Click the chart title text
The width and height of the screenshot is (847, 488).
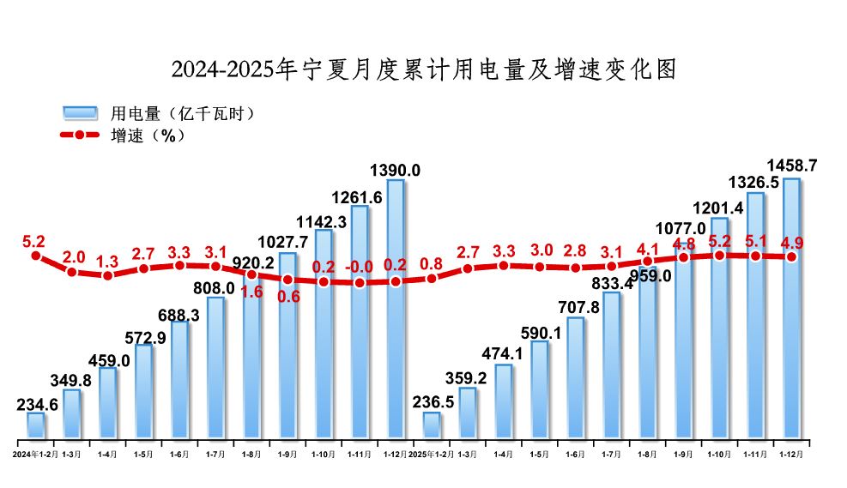pyautogui.click(x=423, y=69)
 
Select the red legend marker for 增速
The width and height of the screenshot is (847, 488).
pyautogui.click(x=80, y=136)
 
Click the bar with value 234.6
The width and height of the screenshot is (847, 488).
pyautogui.click(x=35, y=425)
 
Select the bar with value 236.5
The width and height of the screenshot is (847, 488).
pyautogui.click(x=432, y=425)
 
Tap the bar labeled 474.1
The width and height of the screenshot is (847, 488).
pyautogui.click(x=504, y=401)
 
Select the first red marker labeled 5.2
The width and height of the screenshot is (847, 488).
pyautogui.click(x=35, y=255)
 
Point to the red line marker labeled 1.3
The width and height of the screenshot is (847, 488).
pyautogui.click(x=107, y=275)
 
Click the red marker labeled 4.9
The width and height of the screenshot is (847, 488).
pyautogui.click(x=791, y=256)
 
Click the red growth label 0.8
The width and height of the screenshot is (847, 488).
pyautogui.click(x=432, y=263)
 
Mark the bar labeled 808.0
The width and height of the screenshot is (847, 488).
pyautogui.click(x=215, y=368)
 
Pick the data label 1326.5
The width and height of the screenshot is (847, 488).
pyautogui.click(x=755, y=184)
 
